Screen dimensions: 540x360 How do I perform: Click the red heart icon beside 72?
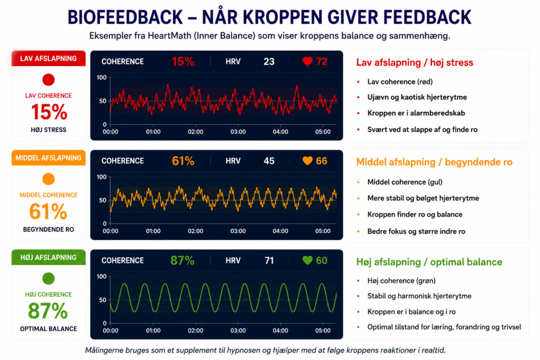point(307,61)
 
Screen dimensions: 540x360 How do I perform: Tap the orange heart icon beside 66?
point(307,161)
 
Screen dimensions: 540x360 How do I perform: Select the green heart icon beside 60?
point(307,260)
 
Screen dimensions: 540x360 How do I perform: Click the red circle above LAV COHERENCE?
point(49,80)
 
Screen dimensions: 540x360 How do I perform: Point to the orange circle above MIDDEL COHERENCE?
point(49,179)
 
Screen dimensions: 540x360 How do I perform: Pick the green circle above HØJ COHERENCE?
point(49,278)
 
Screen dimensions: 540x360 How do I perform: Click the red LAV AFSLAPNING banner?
point(49,59)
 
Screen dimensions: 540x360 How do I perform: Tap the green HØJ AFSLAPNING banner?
point(49,257)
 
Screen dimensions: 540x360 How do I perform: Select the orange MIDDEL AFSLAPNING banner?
point(49,158)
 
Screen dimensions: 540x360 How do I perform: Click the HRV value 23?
point(269,62)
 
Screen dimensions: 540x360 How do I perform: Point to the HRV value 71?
point(269,260)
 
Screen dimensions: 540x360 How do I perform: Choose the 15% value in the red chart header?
point(183,62)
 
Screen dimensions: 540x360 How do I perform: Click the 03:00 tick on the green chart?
point(238,330)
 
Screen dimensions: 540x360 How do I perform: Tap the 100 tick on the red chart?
point(102,77)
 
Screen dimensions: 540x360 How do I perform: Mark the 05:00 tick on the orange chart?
point(323,231)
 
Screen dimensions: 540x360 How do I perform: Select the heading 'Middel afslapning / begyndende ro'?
point(435,162)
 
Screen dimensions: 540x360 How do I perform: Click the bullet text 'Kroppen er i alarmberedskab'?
point(416,113)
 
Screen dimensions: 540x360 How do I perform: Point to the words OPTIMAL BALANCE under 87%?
point(49,329)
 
